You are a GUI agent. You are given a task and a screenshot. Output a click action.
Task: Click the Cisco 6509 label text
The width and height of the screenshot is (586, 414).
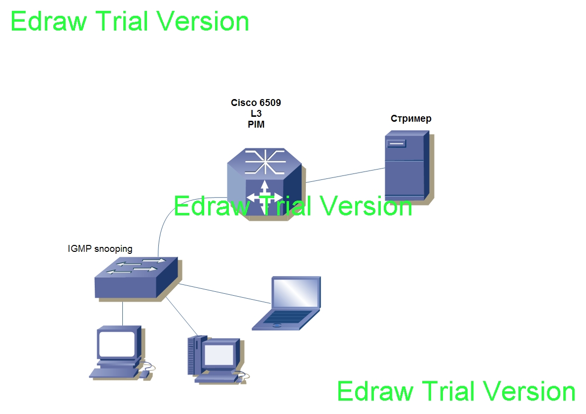256,103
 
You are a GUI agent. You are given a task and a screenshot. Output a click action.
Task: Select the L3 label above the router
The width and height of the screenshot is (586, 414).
256,113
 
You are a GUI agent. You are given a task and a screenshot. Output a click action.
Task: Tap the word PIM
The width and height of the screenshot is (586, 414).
256,124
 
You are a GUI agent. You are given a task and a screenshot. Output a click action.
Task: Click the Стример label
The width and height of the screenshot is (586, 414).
411,119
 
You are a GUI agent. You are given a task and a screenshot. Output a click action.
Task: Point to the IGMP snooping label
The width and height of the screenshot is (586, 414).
100,248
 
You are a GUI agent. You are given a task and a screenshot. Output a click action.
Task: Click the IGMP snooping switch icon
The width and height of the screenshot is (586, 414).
137,278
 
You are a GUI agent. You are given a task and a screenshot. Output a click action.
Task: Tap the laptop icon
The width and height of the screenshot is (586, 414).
287,303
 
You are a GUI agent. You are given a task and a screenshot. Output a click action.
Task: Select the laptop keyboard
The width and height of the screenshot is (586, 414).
287,316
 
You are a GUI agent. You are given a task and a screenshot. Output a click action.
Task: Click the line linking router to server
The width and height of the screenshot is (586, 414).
345,175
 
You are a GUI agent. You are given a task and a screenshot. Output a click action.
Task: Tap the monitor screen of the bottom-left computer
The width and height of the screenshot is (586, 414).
116,344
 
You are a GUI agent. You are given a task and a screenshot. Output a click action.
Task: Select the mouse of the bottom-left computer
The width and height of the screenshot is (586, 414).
144,374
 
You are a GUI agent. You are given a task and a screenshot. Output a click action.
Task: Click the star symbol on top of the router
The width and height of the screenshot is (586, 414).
265,162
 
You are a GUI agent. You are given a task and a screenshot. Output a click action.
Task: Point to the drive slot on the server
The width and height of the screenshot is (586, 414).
397,143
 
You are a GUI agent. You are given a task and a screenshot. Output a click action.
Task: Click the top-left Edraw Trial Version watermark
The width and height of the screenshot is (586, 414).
130,21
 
